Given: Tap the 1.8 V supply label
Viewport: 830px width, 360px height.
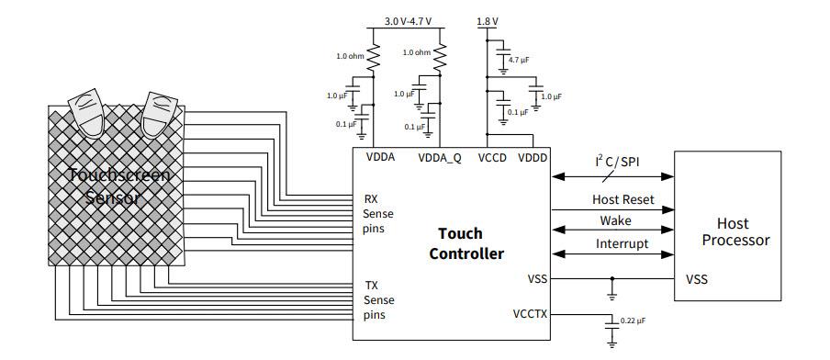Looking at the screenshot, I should (488, 20).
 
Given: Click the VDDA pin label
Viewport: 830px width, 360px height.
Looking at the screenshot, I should (380, 157).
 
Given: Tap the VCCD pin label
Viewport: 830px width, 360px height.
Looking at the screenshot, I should (492, 157).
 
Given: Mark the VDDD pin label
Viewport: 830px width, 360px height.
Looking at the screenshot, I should (532, 157).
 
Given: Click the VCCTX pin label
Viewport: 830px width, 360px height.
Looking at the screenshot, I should (531, 313).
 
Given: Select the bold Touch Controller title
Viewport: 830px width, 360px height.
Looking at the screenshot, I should (466, 243).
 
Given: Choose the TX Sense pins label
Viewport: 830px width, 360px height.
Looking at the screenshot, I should (379, 300).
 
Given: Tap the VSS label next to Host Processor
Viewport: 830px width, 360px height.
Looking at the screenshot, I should (696, 278).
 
